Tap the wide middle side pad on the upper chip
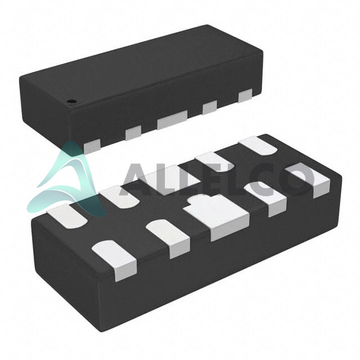tap(172, 119)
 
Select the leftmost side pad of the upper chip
tap(92, 146)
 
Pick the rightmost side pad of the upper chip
tap(245, 95)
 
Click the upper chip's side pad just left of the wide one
tap(133, 133)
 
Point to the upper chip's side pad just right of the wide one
tap(209, 107)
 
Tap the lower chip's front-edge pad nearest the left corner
tap(115, 260)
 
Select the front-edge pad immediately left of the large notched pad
tap(168, 238)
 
